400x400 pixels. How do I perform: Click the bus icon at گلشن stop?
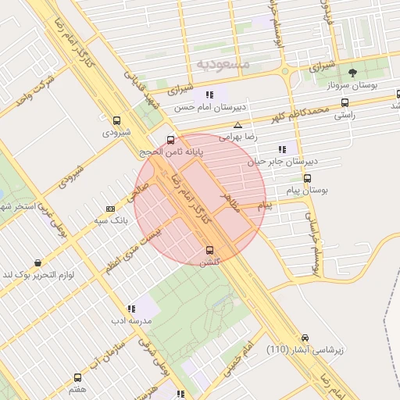(x=209, y=250)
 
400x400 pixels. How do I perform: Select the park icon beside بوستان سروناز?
(x=352, y=73)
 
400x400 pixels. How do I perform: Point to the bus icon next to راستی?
(x=345, y=102)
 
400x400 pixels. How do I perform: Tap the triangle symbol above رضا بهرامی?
(x=237, y=125)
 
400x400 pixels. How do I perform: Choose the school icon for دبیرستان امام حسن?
(x=209, y=95)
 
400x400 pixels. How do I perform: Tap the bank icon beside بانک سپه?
(x=110, y=209)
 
